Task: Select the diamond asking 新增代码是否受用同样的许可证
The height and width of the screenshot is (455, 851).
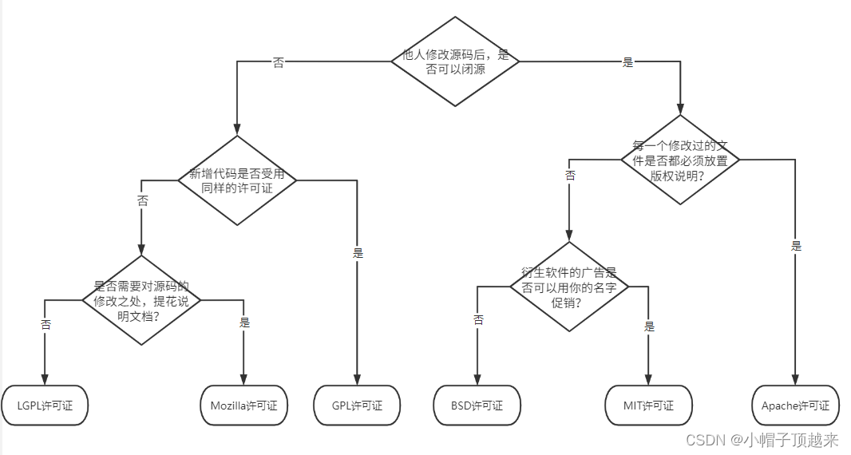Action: (x=237, y=180)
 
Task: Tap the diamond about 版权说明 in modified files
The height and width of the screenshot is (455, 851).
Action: (x=680, y=160)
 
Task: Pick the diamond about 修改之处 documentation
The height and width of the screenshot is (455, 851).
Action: (x=141, y=300)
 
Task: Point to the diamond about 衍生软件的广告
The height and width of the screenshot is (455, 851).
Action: (x=569, y=287)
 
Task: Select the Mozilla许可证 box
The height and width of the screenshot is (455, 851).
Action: (x=243, y=406)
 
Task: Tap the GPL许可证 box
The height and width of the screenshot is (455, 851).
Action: (x=357, y=406)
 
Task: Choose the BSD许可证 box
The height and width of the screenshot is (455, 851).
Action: (x=477, y=406)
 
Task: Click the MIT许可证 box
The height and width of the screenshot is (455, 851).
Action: (x=648, y=406)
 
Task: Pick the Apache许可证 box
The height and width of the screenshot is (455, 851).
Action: (x=795, y=406)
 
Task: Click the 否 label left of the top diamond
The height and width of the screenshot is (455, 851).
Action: (x=278, y=63)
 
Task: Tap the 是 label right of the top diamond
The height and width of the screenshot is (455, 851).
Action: (x=627, y=62)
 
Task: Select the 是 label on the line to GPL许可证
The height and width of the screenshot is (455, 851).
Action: (x=358, y=253)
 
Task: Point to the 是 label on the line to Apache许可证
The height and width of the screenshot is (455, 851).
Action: (x=796, y=246)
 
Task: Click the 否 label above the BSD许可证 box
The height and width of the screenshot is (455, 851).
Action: (x=478, y=319)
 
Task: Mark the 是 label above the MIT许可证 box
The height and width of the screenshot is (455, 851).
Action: (x=649, y=326)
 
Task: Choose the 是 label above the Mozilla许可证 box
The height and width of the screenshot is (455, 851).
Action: (x=244, y=322)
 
